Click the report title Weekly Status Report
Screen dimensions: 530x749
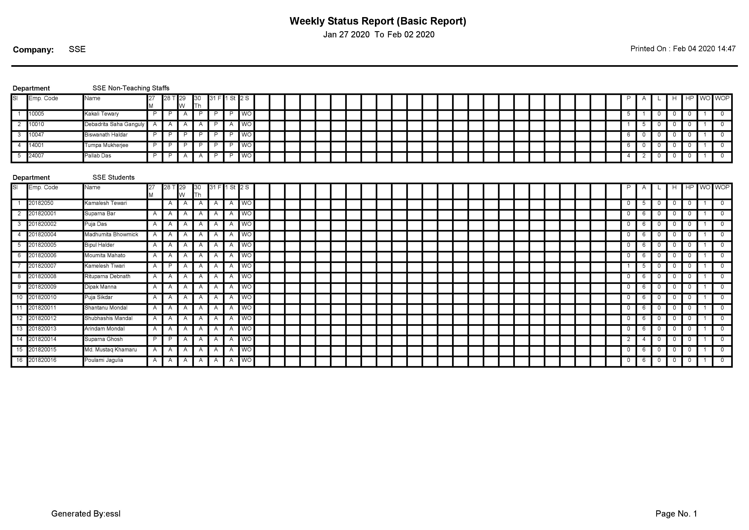378,21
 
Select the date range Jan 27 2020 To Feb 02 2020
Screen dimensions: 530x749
378,35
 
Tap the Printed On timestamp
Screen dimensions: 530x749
683,49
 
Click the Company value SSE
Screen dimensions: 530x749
77,49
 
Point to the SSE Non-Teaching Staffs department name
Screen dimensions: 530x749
131,88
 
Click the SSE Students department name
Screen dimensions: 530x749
114,178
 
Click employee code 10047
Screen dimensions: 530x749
36,135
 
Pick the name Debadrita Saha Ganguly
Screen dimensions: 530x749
114,124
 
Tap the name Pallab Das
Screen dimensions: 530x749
98,156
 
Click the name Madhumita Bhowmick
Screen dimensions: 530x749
111,235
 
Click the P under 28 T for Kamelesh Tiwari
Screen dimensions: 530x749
170,266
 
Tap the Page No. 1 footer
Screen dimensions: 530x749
676,514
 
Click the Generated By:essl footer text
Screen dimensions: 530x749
86,514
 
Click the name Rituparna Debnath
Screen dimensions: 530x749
107,276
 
